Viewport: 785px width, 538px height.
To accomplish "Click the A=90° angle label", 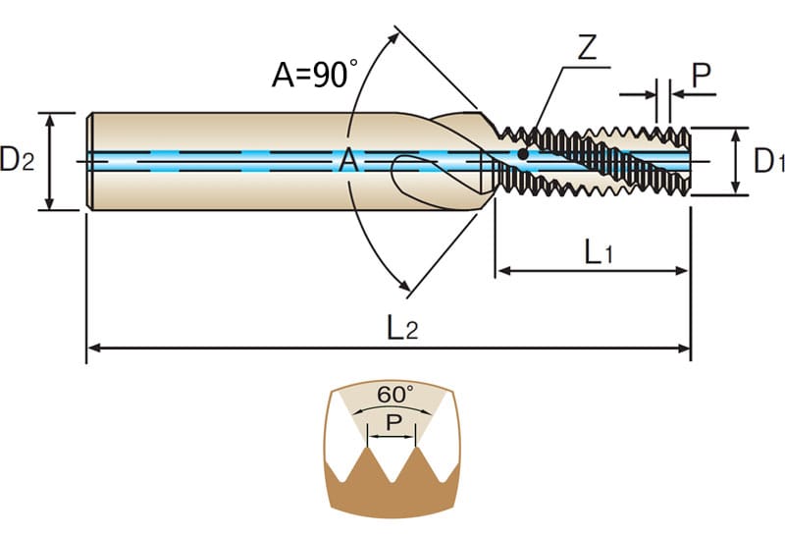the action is coord(315,75).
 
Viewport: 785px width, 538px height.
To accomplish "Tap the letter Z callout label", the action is coord(587,47).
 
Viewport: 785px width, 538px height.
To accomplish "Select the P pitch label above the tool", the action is coord(701,76).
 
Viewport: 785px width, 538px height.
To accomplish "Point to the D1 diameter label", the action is coord(769,161).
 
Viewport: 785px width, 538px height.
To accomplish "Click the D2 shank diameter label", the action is coord(18,159).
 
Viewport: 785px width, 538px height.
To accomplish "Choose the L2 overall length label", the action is coord(402,329).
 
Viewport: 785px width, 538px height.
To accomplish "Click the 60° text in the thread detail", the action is coord(395,395).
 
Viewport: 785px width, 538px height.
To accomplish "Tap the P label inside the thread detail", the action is coord(394,423).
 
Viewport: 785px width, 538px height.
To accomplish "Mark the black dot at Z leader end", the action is coord(523,154).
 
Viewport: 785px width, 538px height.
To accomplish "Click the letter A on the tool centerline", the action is coord(348,161).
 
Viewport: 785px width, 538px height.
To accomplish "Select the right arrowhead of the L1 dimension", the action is coord(683,271).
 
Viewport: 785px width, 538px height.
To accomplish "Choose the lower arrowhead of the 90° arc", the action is coord(404,285).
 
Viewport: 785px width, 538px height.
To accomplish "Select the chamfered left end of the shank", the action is coord(89,161).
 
